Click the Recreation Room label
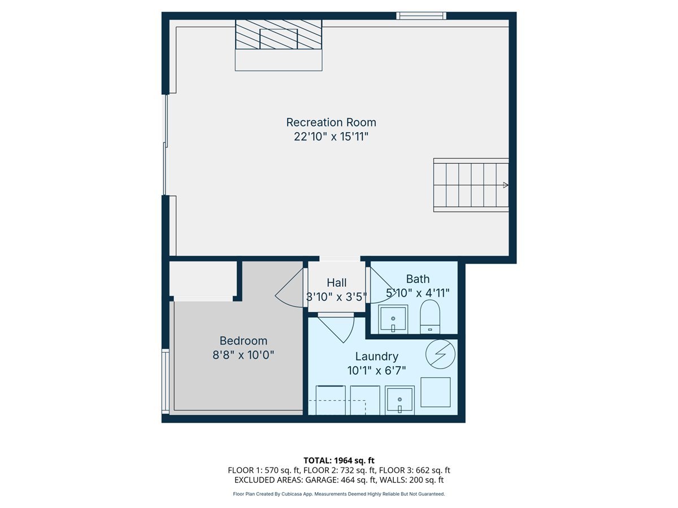coord(331,122)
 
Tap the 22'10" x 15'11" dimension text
coord(331,137)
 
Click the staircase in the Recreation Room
coord(471,185)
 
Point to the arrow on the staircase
coord(505,185)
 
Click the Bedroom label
coord(243,341)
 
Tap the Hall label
coord(337,283)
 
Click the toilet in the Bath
coord(430,316)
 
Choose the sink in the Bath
coord(393,319)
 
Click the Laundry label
coord(376,357)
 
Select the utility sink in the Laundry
coord(399,400)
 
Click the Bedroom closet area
coord(203,278)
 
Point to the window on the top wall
coord(421,16)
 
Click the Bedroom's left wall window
coord(165,381)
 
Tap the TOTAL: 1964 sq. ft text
coord(339,461)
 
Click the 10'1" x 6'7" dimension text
coord(376,371)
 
